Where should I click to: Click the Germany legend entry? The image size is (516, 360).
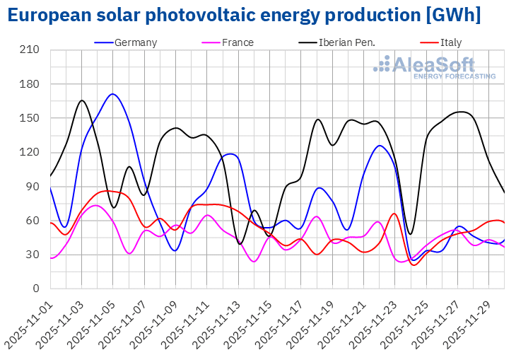pyautogui.click(x=134, y=42)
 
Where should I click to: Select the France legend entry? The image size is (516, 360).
pyautogui.click(x=238, y=42)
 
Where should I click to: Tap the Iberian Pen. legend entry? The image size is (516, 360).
pyautogui.click(x=346, y=42)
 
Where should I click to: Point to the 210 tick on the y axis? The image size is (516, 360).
pyautogui.click(x=30, y=50)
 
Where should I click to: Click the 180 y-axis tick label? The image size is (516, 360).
pyautogui.click(x=30, y=84)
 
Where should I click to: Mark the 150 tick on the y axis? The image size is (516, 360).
pyautogui.click(x=30, y=118)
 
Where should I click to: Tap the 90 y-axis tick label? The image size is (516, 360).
pyautogui.click(x=33, y=187)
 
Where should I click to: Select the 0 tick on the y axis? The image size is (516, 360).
pyautogui.click(x=36, y=289)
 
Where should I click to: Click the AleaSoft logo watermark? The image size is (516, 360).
pyautogui.click(x=435, y=66)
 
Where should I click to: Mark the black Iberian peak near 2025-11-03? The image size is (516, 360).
pyautogui.click(x=81, y=100)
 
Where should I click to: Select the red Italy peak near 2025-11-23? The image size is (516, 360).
pyautogui.click(x=394, y=214)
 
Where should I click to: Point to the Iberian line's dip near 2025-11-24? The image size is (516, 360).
pyautogui.click(x=410, y=234)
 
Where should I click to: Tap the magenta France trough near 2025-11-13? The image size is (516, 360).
pyautogui.click(x=254, y=262)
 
